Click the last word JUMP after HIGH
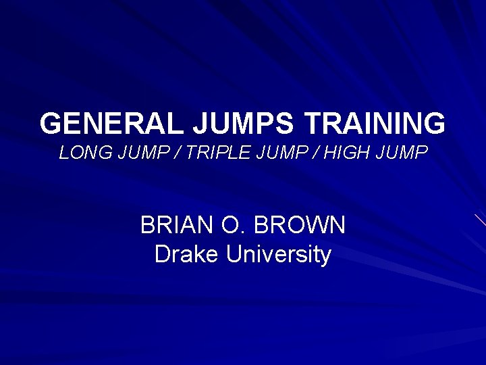click(403, 153)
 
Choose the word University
click(279, 255)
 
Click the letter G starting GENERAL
click(53, 124)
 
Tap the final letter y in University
click(325, 257)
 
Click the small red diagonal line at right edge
click(479, 219)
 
